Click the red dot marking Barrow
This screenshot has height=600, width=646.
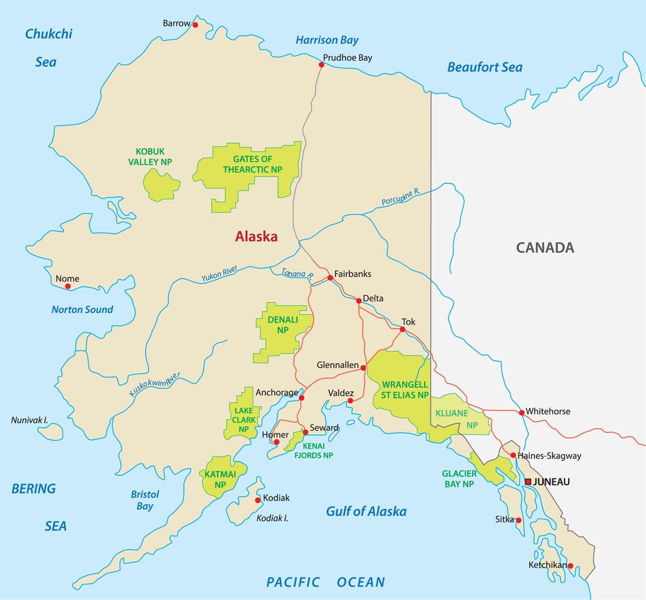[195, 25]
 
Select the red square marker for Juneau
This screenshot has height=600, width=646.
[528, 482]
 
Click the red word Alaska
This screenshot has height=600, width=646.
[256, 237]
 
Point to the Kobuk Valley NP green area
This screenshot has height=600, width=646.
[161, 185]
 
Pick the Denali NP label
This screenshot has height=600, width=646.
[282, 325]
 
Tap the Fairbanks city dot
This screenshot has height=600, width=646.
[330, 277]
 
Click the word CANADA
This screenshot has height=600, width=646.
[545, 247]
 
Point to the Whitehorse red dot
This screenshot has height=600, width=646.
[521, 412]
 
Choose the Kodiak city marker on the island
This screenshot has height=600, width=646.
[258, 500]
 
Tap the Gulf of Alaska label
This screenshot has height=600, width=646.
[366, 511]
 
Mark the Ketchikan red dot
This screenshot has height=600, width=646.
[570, 566]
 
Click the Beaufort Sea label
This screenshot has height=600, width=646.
[484, 67]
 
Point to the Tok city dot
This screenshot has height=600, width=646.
[402, 329]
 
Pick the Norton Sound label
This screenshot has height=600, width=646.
[82, 310]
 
